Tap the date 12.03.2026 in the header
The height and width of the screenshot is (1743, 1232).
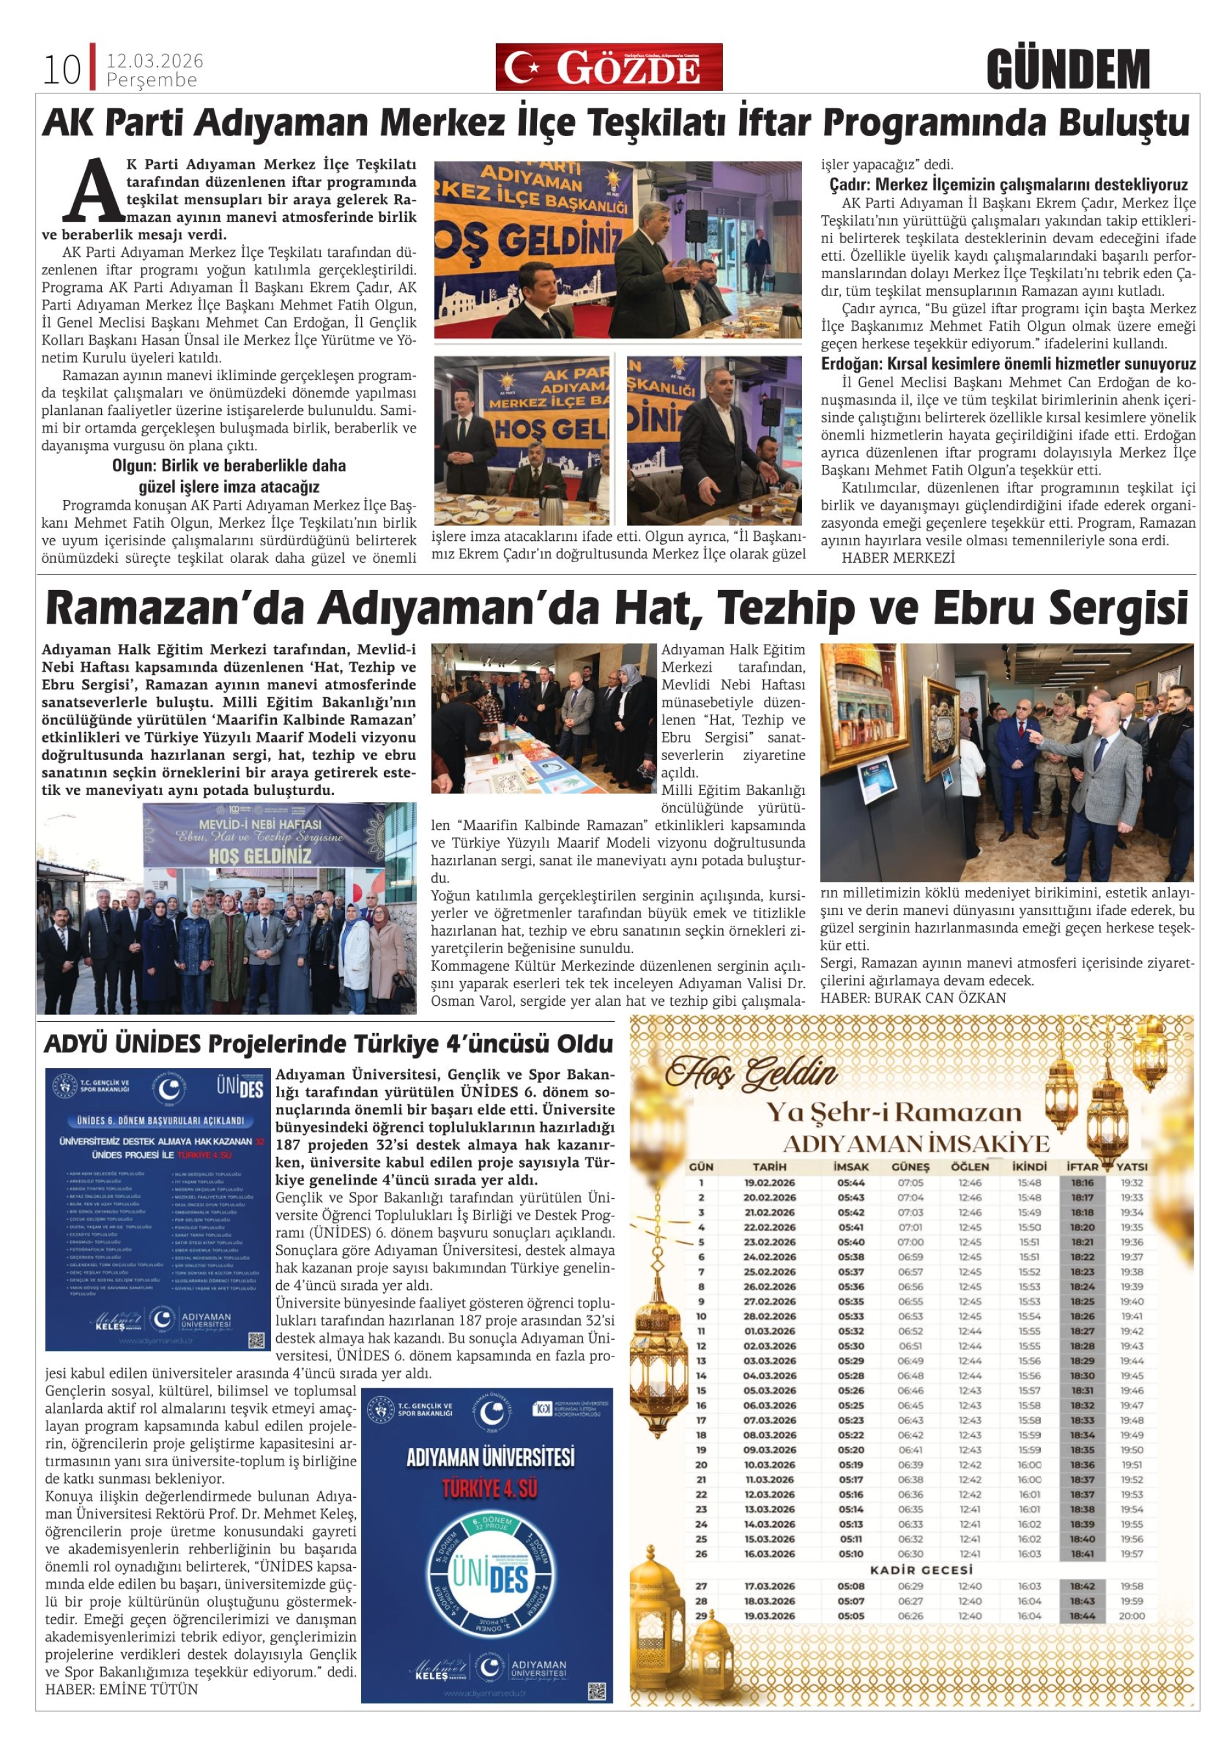[x=155, y=61]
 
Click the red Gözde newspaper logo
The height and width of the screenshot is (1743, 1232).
[x=609, y=67]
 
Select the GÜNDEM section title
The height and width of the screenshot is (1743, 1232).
[x=1068, y=70]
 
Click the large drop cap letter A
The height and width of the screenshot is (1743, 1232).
[x=93, y=189]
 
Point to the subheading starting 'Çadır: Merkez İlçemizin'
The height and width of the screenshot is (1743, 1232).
[x=1008, y=184]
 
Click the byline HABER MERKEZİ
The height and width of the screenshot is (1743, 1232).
[x=898, y=558]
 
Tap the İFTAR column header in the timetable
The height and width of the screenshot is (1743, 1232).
[x=1082, y=1167]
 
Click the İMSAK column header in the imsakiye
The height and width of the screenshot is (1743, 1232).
[x=851, y=1167]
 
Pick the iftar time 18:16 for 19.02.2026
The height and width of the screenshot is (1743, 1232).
[x=1082, y=1183]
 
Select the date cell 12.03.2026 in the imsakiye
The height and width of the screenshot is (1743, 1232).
[x=769, y=1495]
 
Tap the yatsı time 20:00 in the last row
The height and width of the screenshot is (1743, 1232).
[x=1131, y=1616]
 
